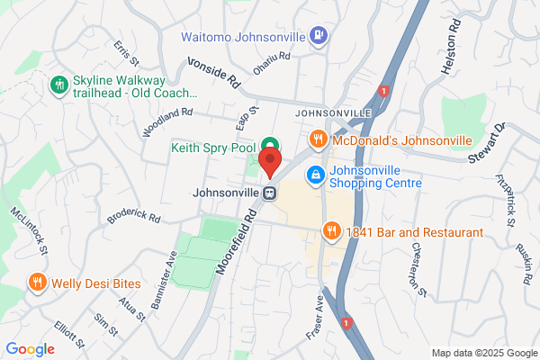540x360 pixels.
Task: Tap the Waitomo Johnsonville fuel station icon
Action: (318, 37)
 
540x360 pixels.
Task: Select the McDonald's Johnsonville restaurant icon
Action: (317, 140)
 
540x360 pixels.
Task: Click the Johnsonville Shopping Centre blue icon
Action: (315, 175)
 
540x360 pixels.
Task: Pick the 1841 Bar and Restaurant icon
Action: (332, 232)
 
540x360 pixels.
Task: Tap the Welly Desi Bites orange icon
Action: (37, 282)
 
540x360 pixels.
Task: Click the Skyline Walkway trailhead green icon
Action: (60, 85)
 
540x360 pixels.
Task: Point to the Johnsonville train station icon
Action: (269, 192)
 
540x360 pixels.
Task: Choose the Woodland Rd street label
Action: (166, 123)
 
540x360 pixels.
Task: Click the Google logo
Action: (30, 349)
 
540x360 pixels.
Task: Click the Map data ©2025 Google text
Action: (482, 352)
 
